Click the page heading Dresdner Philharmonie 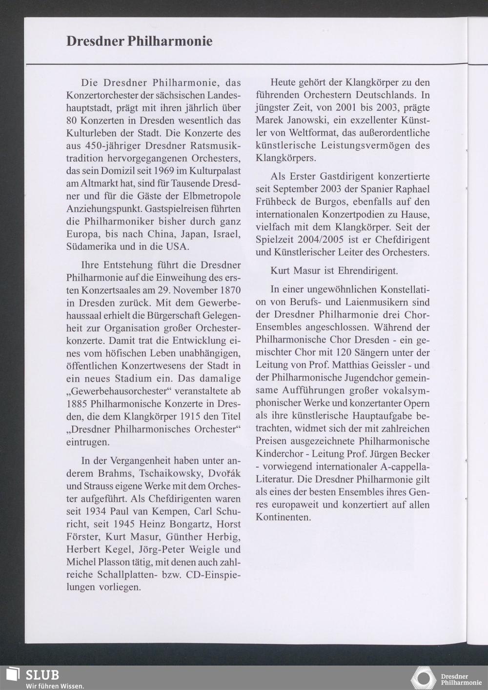pos(140,41)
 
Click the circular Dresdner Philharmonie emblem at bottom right pos(423,679)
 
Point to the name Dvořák pos(224,474)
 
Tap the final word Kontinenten pos(283,517)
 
